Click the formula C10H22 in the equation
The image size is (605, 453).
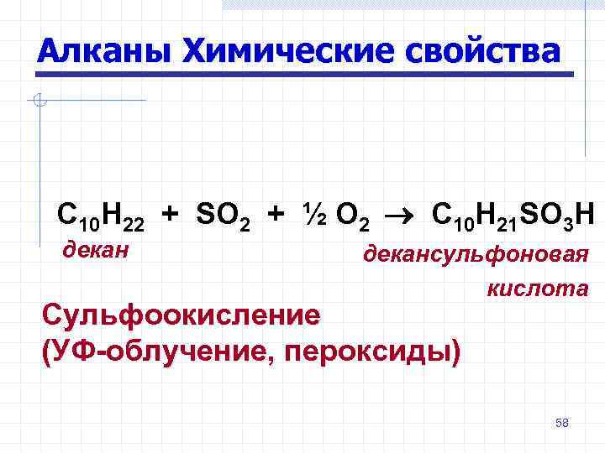[100, 216]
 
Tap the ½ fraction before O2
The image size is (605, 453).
[312, 216]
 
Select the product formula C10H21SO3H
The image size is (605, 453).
[512, 216]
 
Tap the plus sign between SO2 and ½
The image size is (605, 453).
[275, 216]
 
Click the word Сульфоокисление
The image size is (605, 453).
[181, 315]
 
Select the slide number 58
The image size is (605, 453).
[562, 423]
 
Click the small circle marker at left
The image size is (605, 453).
[38, 102]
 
